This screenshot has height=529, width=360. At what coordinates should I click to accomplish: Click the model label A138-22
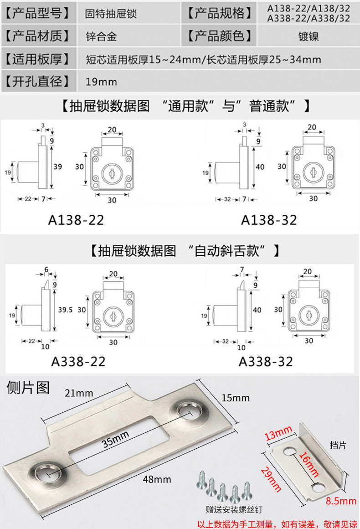pos(76,220)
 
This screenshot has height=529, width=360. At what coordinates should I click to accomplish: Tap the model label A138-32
pos(269,220)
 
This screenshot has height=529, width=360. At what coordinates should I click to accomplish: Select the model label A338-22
pos(78,362)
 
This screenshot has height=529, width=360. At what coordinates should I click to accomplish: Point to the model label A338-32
pos(266,362)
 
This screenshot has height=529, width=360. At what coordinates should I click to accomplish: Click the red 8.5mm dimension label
pos(341,502)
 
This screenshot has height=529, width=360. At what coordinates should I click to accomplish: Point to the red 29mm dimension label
pos(272,479)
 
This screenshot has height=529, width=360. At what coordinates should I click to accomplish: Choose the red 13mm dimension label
pos(278,431)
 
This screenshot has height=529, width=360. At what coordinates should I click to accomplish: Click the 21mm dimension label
pos(78,393)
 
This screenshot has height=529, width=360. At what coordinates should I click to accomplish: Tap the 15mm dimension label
pos(236,398)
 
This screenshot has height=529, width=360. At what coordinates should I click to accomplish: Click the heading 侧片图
pos(28,387)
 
